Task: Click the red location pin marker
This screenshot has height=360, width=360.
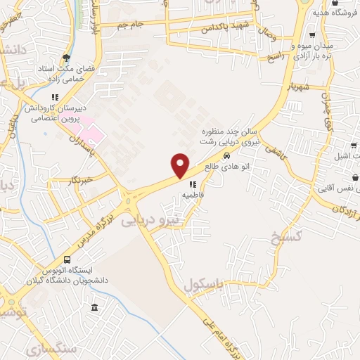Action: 180,165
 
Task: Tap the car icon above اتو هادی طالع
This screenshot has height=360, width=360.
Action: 226,155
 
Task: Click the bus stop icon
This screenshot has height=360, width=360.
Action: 67,259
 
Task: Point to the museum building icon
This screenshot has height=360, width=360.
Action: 94,307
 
